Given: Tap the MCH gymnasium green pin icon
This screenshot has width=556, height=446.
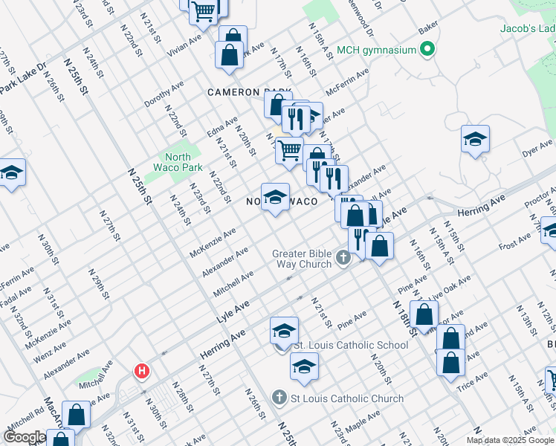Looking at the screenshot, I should (427, 51).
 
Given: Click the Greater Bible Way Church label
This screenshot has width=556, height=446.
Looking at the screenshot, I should (304, 258).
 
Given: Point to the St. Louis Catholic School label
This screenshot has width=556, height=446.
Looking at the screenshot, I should (351, 345).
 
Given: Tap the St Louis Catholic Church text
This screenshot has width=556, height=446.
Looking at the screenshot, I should (346, 398).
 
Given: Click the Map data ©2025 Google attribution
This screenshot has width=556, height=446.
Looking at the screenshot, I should (510, 440).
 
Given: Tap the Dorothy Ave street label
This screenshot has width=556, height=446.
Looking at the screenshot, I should (164, 94).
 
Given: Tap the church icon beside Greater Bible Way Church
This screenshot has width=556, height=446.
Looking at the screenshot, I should (343, 259).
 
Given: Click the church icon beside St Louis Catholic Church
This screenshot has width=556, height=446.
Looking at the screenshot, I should (279, 398).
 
